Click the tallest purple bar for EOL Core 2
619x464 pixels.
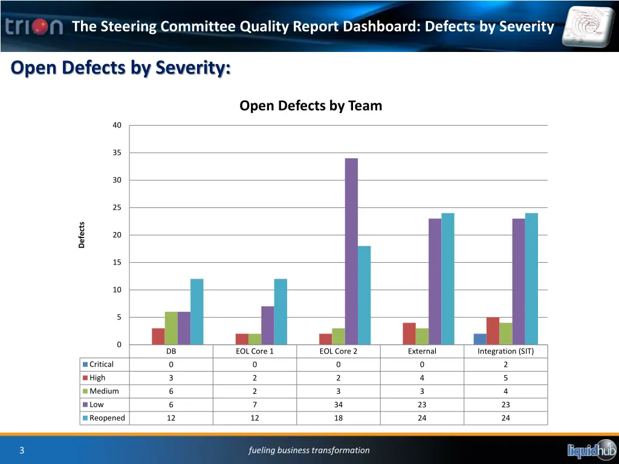coord(351,251)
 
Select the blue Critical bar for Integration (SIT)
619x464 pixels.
coord(480,339)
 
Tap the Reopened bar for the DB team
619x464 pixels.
coord(197,312)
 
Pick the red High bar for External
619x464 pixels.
coord(409,333)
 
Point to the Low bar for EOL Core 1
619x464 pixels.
coord(267,326)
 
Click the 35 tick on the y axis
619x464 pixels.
coord(117,153)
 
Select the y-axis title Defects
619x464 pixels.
coord(82,235)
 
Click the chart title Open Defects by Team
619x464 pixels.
coord(311,106)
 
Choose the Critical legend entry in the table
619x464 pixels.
coord(101,364)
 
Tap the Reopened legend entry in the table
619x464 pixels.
coord(107,418)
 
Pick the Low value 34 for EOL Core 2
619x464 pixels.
coord(339,405)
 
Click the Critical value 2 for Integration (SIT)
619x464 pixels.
coord(505,364)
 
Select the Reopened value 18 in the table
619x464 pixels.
coord(339,418)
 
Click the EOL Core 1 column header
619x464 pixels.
coord(254,351)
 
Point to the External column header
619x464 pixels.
coord(422,351)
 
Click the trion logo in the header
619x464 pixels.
coord(34,27)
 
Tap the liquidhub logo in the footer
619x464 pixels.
coord(591,449)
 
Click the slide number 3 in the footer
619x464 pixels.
coord(22,450)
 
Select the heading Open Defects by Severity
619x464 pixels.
coord(121,68)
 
